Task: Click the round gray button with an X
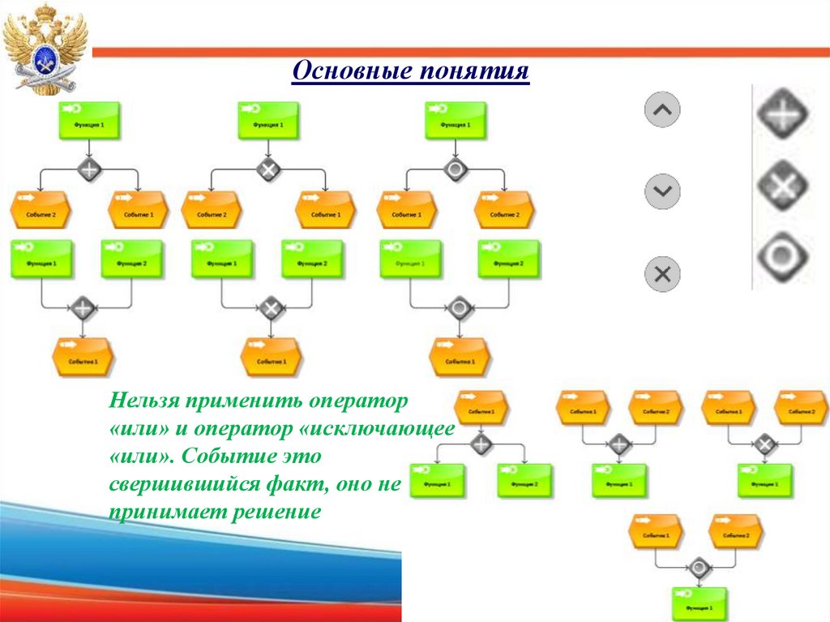pos(662,273)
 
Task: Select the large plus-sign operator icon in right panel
pos(783,114)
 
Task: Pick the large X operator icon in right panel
pos(783,187)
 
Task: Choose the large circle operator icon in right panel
pos(783,257)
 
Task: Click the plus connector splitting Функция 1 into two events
pos(89,169)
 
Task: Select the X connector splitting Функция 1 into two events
pos(268,169)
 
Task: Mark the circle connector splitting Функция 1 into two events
pos(456,169)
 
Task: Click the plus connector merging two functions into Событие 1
pos(83,308)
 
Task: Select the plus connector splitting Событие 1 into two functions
pos(481,444)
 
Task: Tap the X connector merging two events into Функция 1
pos(764,444)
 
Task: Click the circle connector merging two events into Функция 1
pos(697,567)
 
